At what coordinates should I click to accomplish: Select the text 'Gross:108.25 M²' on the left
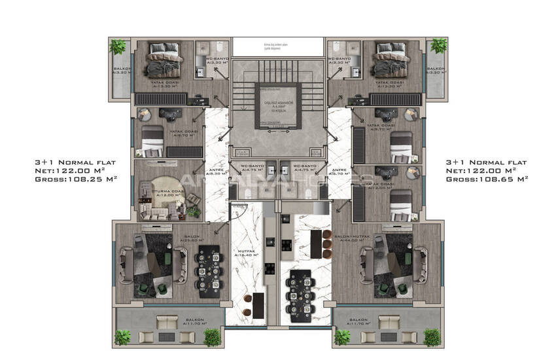coord(75,178)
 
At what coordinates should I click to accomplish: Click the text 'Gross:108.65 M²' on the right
coord(486,178)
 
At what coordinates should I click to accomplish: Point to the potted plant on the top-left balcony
coord(118,48)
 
